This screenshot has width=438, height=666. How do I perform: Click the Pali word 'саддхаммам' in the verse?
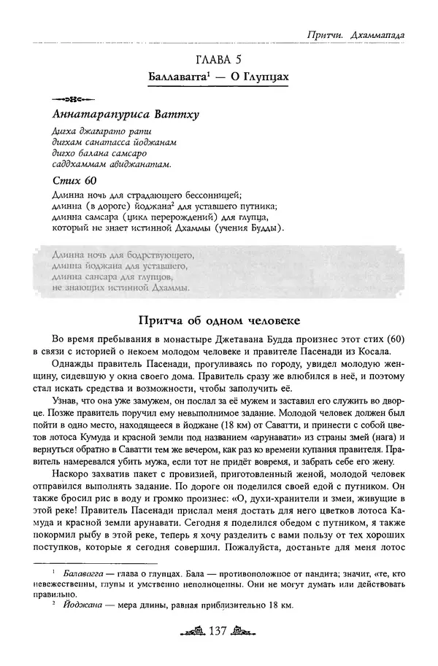tap(78, 164)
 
